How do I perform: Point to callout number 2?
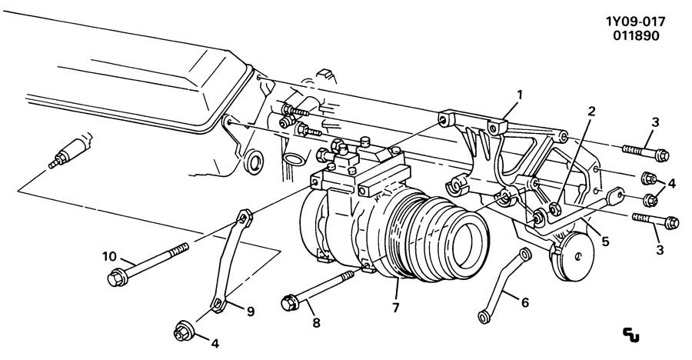coord(591,112)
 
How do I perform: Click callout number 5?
coord(605,241)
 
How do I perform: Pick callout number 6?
coord(525,302)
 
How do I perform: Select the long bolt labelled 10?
coord(153,262)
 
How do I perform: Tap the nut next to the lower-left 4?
coord(184,334)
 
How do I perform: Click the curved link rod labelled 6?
coord(504,284)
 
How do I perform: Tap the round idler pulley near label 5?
coord(575,262)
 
